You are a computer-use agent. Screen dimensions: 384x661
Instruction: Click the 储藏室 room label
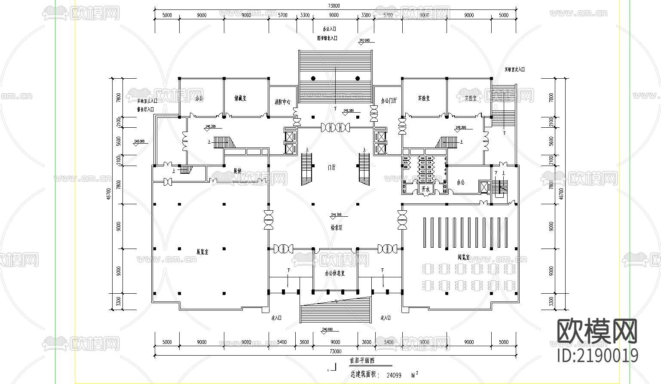click(x=240, y=98)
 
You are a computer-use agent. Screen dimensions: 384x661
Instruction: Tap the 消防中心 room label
click(x=282, y=102)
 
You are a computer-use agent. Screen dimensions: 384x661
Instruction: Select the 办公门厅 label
click(x=389, y=101)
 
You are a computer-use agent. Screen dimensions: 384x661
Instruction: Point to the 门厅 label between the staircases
click(x=331, y=168)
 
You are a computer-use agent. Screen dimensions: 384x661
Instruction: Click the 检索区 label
click(x=337, y=227)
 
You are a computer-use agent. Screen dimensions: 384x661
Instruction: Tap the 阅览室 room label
click(x=463, y=258)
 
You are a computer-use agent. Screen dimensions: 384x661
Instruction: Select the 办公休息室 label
click(x=334, y=273)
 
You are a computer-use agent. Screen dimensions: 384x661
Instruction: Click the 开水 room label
click(x=425, y=189)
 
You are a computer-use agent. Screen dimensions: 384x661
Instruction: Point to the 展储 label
click(x=237, y=171)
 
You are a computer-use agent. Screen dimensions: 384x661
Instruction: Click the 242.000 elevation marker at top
click(x=364, y=40)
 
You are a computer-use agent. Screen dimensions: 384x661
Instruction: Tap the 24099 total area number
click(x=394, y=375)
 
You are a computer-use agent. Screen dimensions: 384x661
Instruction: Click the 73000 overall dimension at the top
click(x=334, y=6)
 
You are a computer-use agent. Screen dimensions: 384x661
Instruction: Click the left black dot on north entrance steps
click(x=313, y=78)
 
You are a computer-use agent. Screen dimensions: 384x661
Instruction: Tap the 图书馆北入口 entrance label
click(x=327, y=38)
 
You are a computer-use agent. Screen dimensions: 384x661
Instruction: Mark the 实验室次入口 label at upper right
click(x=514, y=69)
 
